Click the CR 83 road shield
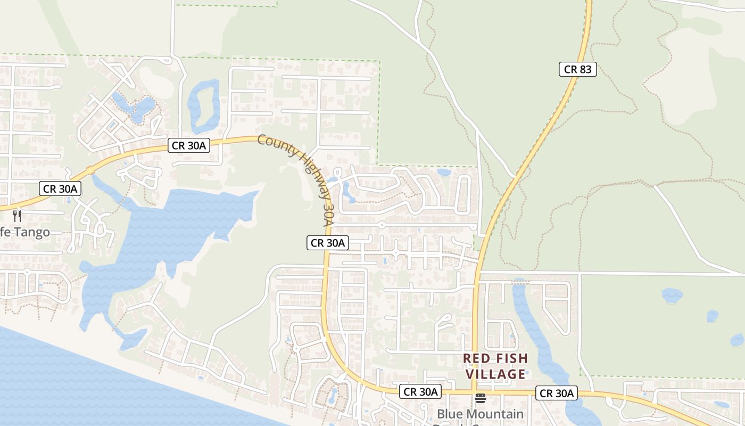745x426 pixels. [577, 69]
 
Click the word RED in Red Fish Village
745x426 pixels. [475, 358]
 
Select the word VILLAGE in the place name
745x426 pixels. [496, 374]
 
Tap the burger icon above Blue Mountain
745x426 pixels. [481, 398]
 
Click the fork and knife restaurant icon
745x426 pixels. [17, 216]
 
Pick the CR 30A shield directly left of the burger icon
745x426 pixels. [420, 392]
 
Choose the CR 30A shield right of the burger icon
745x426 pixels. [557, 394]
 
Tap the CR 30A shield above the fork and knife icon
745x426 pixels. [61, 189]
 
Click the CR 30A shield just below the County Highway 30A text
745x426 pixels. [328, 243]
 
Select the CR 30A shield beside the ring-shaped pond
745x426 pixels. [189, 145]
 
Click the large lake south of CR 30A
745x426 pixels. [176, 229]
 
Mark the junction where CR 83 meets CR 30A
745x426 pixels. [473, 393]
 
